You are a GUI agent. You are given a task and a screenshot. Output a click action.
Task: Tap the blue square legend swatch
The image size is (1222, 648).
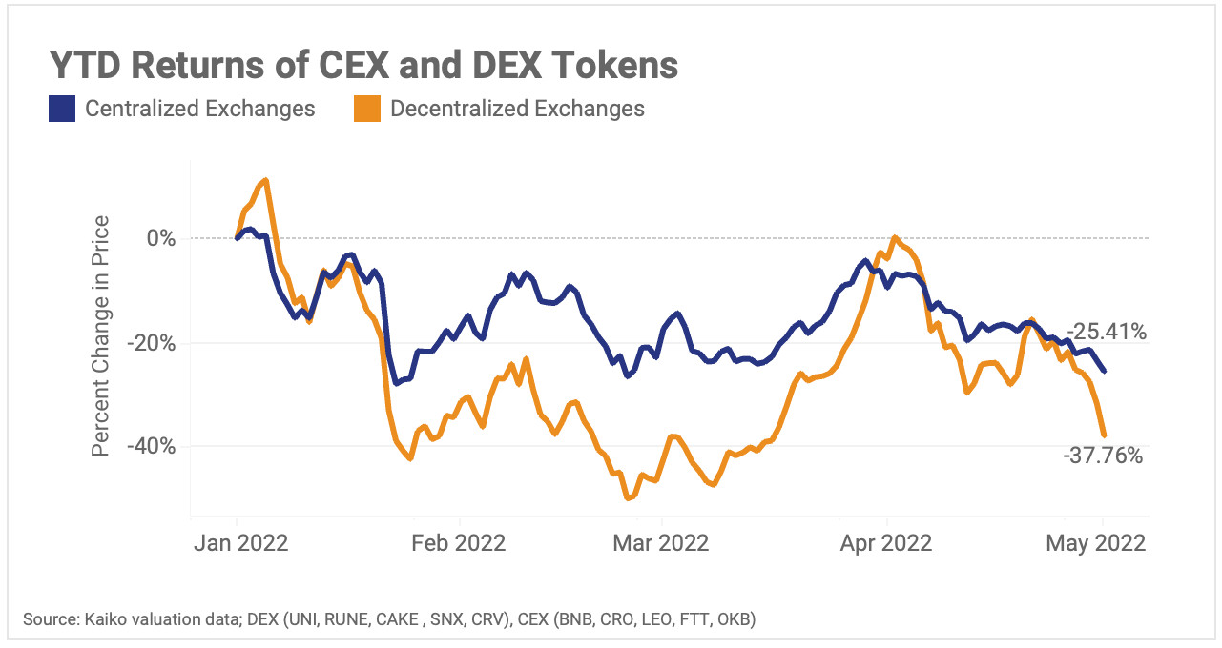(62, 109)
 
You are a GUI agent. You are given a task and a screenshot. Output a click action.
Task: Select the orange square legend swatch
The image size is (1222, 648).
(367, 109)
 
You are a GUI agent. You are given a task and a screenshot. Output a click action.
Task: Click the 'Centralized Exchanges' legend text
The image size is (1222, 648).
(199, 109)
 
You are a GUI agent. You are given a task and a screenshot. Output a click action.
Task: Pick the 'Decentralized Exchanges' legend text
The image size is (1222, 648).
(517, 109)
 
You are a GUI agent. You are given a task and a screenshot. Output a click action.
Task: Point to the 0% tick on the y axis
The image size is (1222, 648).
(161, 238)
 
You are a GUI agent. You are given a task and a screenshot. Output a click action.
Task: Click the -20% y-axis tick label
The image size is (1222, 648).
(155, 342)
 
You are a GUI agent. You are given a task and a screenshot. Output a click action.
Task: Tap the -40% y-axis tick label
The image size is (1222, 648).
(155, 446)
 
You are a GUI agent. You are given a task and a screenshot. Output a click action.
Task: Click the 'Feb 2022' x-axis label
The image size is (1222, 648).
(459, 543)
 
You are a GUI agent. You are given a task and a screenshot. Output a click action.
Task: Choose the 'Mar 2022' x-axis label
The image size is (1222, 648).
(662, 543)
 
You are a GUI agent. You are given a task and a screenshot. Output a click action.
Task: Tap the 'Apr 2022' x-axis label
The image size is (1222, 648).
(886, 543)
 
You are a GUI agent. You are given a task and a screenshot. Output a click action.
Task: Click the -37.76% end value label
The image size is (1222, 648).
(1102, 456)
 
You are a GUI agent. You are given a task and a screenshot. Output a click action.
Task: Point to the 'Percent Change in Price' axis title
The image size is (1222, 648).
(101, 335)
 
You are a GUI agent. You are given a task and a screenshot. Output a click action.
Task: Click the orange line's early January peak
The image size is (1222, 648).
(264, 179)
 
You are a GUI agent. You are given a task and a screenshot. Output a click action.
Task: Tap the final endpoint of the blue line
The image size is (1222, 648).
(1105, 371)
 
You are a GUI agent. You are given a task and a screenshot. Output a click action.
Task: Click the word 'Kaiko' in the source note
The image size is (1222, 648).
(99, 620)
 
